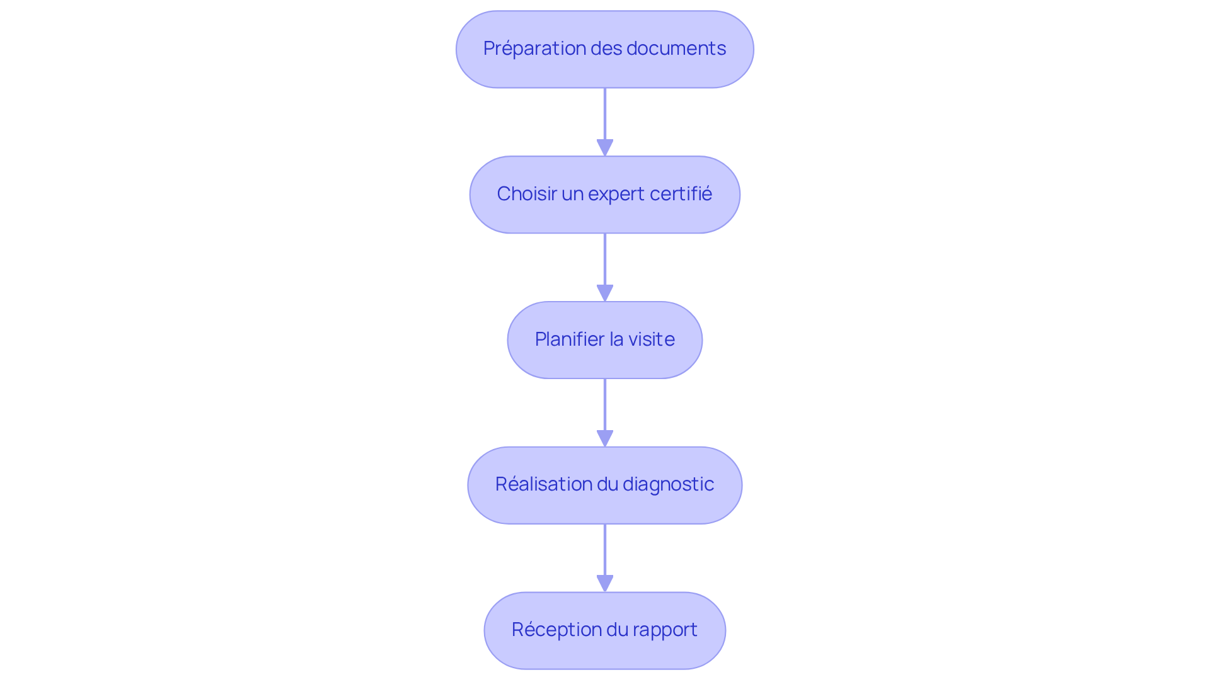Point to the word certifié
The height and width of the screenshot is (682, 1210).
click(x=681, y=194)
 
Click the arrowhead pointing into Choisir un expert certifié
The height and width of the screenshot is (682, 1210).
click(x=605, y=148)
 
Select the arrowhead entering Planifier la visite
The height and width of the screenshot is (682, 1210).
click(x=605, y=293)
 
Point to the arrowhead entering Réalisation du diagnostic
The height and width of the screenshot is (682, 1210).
click(x=605, y=439)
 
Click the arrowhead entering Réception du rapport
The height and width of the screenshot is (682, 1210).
click(x=605, y=584)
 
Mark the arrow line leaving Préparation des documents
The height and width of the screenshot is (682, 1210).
click(x=605, y=113)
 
